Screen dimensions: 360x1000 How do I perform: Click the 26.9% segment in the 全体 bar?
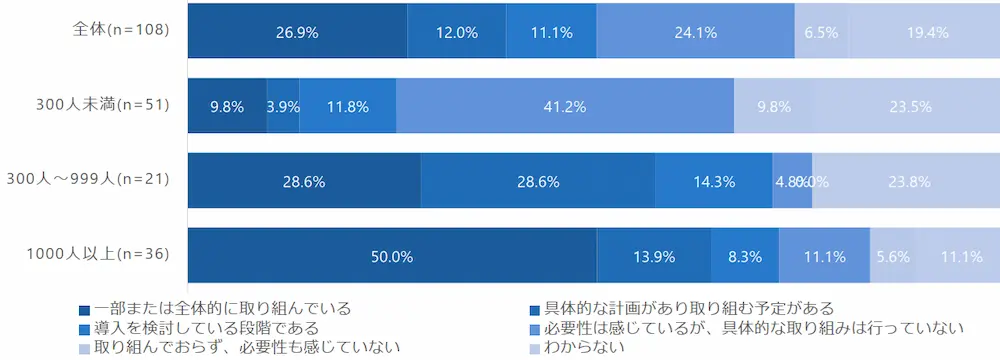(297, 31)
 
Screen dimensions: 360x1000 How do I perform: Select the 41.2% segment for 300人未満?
(565, 106)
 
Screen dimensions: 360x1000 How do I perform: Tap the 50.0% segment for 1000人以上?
(392, 256)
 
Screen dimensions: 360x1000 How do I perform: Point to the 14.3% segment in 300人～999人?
(714, 181)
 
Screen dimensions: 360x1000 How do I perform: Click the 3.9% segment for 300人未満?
(283, 106)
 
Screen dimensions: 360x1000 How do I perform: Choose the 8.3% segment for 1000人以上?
(745, 256)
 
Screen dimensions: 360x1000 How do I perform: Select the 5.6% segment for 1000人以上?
(892, 256)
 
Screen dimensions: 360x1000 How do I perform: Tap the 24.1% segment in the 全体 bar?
(695, 31)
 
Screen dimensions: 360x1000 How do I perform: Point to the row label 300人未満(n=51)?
(99, 104)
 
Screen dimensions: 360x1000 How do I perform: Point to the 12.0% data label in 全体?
(456, 31)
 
